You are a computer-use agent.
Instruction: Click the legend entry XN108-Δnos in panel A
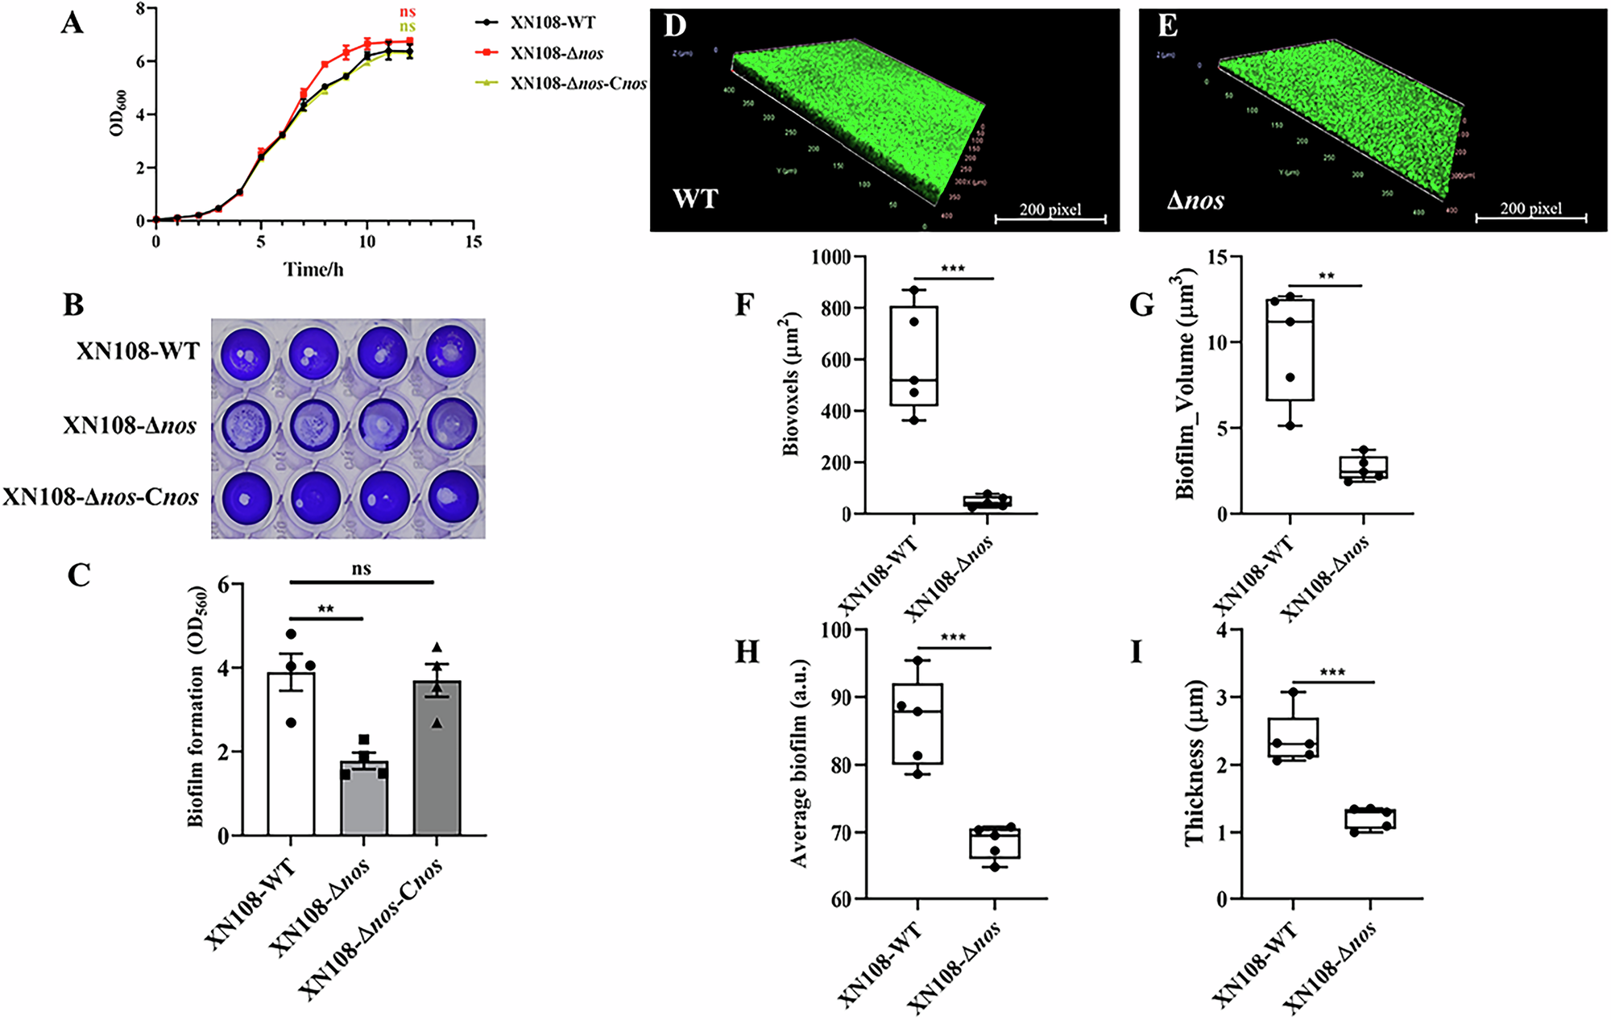pyautogui.click(x=556, y=53)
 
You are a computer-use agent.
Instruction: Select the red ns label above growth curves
pyautogui.click(x=408, y=12)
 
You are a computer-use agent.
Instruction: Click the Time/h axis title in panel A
pyautogui.click(x=313, y=270)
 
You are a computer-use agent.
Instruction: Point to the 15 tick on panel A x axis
pyautogui.click(x=473, y=242)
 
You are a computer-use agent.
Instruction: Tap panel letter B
pyautogui.click(x=73, y=305)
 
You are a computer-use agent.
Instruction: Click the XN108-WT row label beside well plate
pyautogui.click(x=137, y=351)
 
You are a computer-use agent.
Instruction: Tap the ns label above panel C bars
pyautogui.click(x=362, y=569)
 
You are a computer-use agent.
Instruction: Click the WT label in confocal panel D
pyautogui.click(x=695, y=198)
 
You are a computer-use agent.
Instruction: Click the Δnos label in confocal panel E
pyautogui.click(x=1195, y=200)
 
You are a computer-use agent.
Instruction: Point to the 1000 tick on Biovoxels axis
pyautogui.click(x=831, y=257)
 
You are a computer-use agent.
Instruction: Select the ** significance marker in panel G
pyautogui.click(x=1326, y=276)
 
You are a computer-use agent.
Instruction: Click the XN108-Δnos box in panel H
pyautogui.click(x=995, y=844)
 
